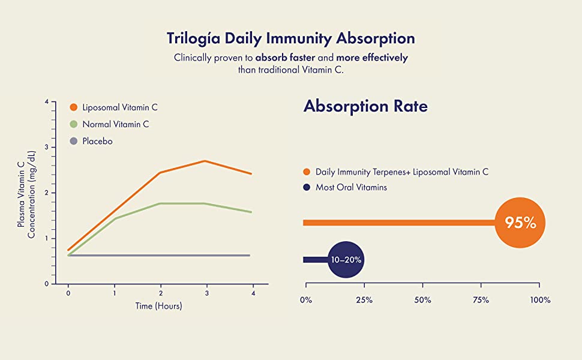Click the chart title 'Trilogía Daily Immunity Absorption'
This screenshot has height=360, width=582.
pos(290,38)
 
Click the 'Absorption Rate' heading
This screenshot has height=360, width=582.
pos(365,106)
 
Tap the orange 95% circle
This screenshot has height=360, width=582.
pos(520,223)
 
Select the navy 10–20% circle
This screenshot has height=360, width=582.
pos(347,260)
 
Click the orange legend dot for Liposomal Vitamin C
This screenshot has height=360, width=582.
pos(74,107)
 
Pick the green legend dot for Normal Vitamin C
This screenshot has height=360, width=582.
pos(74,124)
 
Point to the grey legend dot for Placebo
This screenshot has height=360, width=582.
pos(74,142)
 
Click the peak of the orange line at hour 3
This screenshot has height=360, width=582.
pos(205,161)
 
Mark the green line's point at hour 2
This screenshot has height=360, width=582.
pos(160,203)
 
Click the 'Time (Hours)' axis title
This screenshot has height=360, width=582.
pos(159,306)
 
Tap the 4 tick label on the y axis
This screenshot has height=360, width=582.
pos(46,102)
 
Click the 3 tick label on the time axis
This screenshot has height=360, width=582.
pos(206,293)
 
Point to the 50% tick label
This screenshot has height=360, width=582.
pos(422,299)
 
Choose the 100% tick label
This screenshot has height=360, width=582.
pos(539,299)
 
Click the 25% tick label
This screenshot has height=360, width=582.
pos(364,299)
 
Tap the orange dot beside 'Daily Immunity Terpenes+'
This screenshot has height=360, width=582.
pos(307,172)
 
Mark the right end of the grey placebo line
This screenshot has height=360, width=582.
pos(249,256)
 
